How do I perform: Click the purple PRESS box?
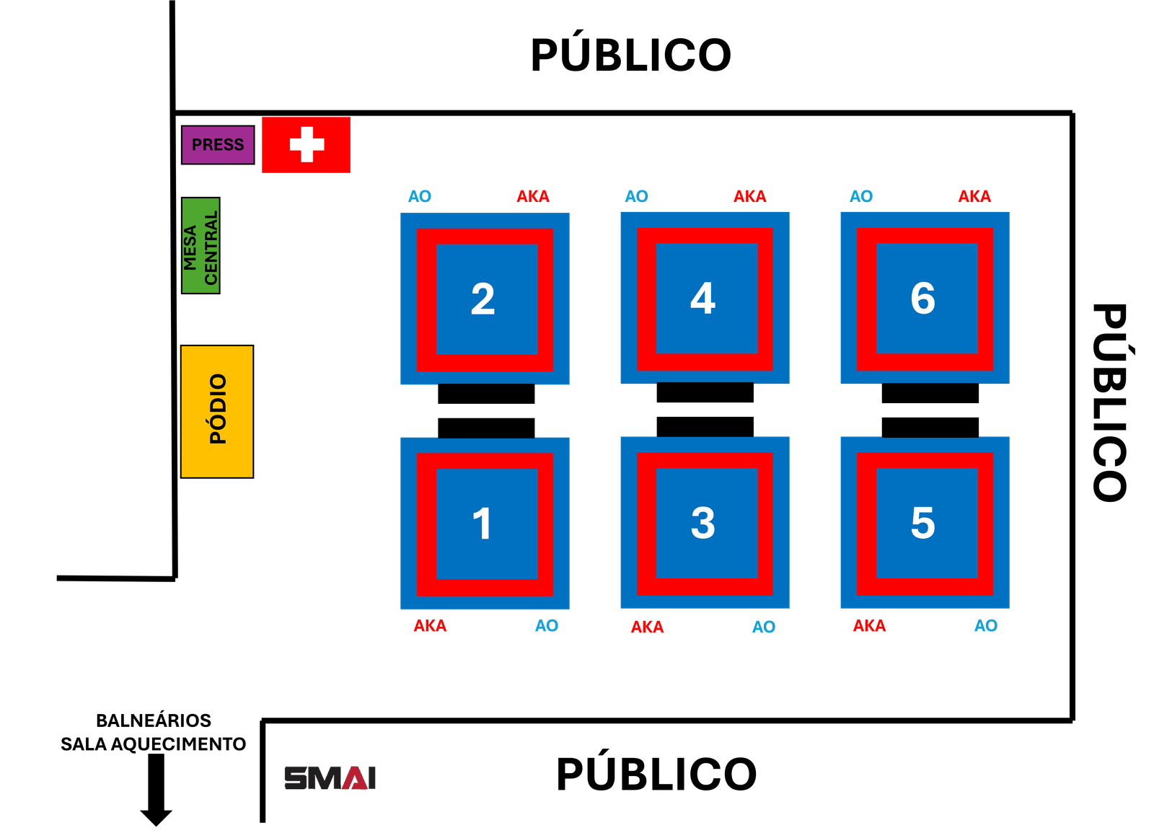[217, 145]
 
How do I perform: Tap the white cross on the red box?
[307, 144]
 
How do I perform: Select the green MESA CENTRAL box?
[201, 245]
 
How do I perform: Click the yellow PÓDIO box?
[217, 411]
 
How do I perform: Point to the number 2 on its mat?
[483, 299]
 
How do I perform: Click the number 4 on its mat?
[702, 298]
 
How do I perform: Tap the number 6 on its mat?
[922, 298]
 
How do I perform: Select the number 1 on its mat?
[482, 524]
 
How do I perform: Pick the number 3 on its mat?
[702, 523]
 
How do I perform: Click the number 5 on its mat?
[922, 523]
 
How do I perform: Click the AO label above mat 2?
[420, 196]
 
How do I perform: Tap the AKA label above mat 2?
[533, 196]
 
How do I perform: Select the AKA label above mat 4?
[750, 196]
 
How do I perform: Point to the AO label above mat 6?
[861, 196]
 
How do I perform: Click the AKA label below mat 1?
[430, 625]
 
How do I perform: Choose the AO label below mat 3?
[764, 627]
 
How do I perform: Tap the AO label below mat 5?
[986, 625]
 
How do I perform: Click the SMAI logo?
[330, 777]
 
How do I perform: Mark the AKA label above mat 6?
[974, 196]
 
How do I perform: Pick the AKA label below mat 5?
[869, 625]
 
